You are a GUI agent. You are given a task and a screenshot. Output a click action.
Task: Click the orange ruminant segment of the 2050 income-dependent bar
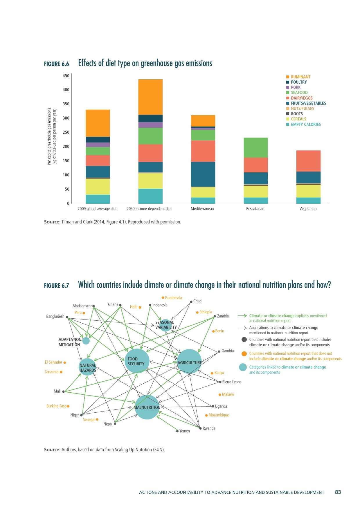click(x=150, y=97)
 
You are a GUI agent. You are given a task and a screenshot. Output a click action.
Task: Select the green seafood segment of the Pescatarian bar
click(x=255, y=147)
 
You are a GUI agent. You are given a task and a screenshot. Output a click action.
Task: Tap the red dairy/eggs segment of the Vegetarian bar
click(x=308, y=161)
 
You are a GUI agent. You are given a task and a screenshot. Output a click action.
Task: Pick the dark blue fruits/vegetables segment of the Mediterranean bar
click(x=203, y=174)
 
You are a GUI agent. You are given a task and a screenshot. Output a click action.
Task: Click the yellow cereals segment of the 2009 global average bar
click(x=98, y=186)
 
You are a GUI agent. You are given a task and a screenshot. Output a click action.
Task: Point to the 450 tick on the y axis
click(x=66, y=76)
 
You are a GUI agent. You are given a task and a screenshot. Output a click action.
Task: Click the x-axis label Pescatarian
click(x=255, y=209)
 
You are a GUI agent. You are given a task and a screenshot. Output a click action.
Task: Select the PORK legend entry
click(x=296, y=87)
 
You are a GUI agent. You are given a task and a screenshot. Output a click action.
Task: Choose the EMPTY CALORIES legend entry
click(x=306, y=124)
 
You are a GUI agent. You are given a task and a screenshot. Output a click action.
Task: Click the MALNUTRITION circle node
click(x=147, y=407)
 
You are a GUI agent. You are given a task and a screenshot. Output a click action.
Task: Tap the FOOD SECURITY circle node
click(x=137, y=361)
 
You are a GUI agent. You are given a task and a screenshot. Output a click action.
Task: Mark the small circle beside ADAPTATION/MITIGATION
click(x=86, y=341)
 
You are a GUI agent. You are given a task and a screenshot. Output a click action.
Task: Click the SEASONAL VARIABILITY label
click(x=166, y=325)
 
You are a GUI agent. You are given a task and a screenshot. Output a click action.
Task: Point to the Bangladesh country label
click(x=55, y=316)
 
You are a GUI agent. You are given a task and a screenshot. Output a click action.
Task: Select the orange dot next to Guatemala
click(x=163, y=298)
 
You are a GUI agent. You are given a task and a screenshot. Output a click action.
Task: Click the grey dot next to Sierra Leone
click(x=220, y=382)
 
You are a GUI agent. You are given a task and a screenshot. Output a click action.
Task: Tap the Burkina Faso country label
click(x=56, y=406)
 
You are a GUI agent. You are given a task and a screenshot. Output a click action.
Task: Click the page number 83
click(x=338, y=492)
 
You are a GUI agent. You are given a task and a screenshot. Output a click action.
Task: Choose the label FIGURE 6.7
click(x=56, y=286)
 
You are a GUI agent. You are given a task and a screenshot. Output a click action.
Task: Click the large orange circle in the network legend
click(x=244, y=354)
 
